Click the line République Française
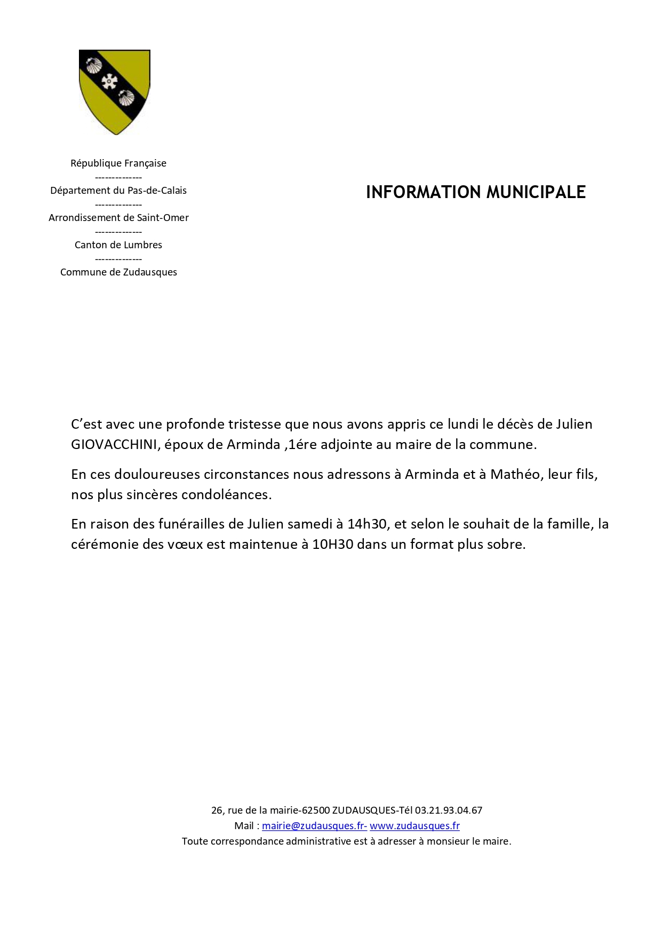tap(118, 163)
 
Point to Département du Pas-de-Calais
tap(118, 191)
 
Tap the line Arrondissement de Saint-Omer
tap(118, 218)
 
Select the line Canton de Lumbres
tap(118, 245)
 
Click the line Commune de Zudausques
tap(118, 272)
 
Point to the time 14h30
tap(367, 524)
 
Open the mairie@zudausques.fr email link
tap(314, 826)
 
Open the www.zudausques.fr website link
tap(414, 826)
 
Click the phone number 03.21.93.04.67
tap(449, 810)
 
